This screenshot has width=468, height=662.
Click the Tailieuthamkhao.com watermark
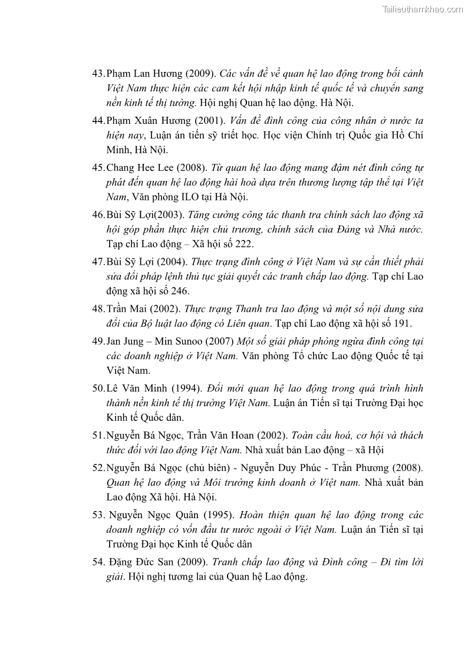coord(423,9)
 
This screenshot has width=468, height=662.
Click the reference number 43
coord(98,74)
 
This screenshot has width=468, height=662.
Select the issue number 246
coord(180,291)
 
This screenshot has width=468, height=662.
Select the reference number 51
coord(98,436)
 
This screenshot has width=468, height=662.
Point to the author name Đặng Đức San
coord(137,562)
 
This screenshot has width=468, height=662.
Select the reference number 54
coord(98,562)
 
